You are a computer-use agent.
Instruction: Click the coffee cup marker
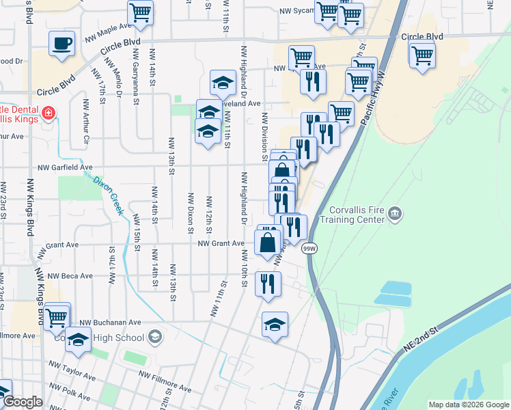[61, 43]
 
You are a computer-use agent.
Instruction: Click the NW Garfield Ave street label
[65, 167]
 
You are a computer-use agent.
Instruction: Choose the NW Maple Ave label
[108, 31]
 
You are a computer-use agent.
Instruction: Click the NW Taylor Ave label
[71, 373]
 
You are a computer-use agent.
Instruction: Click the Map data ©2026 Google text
[469, 405]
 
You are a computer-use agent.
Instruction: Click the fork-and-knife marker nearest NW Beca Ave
[268, 284]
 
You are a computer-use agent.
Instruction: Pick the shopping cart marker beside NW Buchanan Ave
[57, 316]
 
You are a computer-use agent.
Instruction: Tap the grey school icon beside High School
[155, 336]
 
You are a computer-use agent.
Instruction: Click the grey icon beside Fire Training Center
[394, 215]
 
